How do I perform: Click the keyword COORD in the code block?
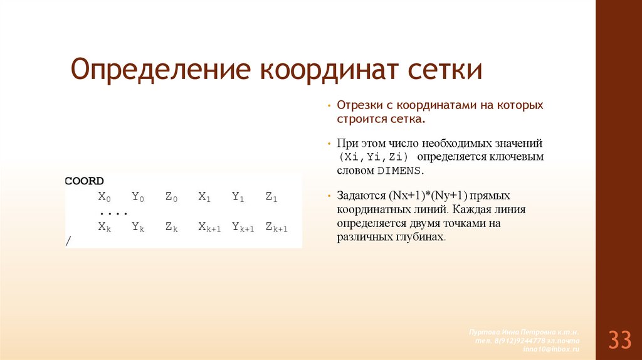(85, 181)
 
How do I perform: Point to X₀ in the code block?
(104, 197)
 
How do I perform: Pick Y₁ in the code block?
(238, 197)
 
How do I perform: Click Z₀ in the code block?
(171, 197)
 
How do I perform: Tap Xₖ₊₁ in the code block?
(209, 227)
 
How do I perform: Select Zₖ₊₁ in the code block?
(276, 227)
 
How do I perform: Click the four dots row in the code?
(113, 212)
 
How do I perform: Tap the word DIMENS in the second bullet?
(399, 171)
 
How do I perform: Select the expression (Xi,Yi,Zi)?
(372, 156)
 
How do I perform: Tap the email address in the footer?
(552, 348)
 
